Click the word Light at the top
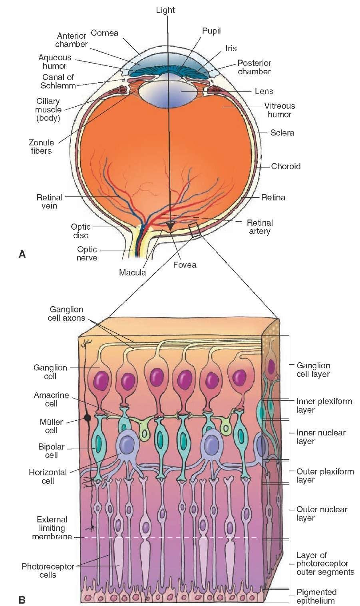point(165,10)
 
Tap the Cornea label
point(105,33)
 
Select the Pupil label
point(211,31)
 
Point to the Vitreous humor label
point(279,110)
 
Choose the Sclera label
point(282,133)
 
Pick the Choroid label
point(286,166)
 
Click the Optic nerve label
point(87,254)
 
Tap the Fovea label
point(185,264)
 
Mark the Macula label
point(132,273)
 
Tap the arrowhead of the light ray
point(171,227)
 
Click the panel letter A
point(22,254)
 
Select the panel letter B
point(22,599)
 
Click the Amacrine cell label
point(51,399)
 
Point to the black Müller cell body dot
point(86,418)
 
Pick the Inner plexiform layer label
point(324,405)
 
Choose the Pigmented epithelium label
point(316,596)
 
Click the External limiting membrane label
point(52,528)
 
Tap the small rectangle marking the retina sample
point(195,230)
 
